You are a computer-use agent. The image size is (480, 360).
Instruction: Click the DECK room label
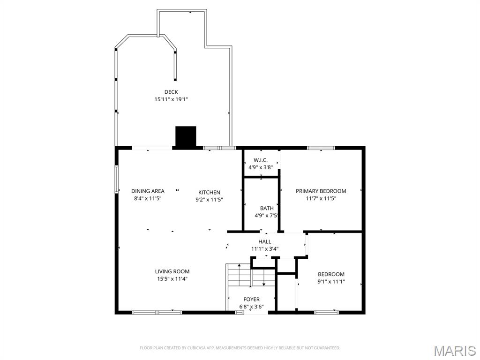171,92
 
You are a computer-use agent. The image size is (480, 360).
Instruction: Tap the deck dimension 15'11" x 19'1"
171,99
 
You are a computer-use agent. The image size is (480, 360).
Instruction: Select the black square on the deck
186,136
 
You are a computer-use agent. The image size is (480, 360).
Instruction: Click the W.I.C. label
261,160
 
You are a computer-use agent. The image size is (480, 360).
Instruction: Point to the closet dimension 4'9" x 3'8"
261,167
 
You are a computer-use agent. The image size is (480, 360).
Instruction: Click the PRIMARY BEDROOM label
321,191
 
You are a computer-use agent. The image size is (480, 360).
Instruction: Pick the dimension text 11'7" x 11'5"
321,198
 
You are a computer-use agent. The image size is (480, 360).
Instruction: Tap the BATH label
267,208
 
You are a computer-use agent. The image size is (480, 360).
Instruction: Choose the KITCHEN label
209,192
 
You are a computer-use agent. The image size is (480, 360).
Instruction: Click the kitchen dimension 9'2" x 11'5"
209,200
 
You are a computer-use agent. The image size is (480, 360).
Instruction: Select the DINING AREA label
148,191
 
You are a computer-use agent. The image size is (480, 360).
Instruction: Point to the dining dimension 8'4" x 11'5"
148,198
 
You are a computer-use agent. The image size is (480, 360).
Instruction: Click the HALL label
265,241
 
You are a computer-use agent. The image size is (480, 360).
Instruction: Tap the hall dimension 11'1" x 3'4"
265,249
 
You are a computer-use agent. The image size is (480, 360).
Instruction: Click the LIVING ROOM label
172,271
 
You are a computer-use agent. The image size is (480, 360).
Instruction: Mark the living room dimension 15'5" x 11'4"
172,279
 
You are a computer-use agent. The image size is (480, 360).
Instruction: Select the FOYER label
251,300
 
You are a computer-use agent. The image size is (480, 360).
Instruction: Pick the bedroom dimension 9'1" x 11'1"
331,282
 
